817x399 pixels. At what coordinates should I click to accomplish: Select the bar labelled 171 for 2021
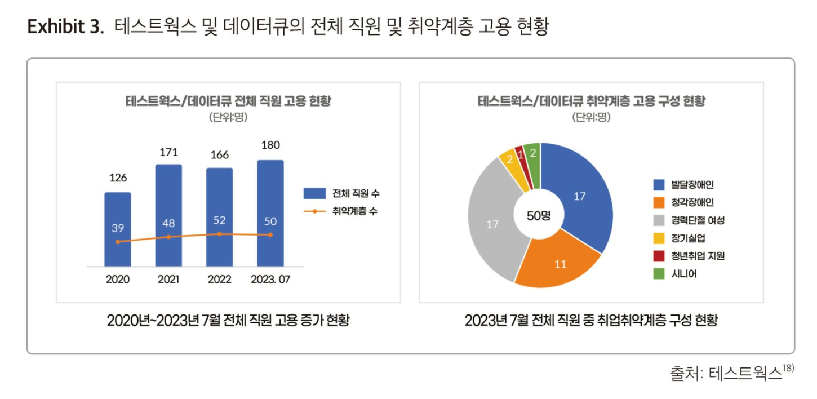point(168,214)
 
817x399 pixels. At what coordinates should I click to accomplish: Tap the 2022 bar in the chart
point(219,216)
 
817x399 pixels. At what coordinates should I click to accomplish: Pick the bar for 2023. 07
point(270,213)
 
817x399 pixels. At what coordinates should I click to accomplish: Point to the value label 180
point(270,145)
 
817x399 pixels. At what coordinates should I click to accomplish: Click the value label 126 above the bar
point(117,178)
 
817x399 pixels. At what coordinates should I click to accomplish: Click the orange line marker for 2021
point(168,237)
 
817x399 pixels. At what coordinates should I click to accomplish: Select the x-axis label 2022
point(219,280)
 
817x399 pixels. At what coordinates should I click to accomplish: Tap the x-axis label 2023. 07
point(270,280)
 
